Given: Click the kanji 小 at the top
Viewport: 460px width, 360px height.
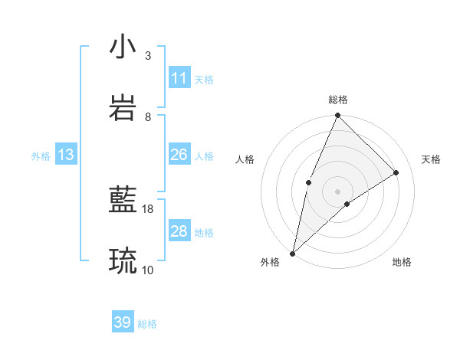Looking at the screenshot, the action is click(x=123, y=47).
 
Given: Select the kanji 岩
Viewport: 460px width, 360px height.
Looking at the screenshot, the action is click(x=123, y=108).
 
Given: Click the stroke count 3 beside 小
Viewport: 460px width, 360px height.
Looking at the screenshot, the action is click(x=148, y=56).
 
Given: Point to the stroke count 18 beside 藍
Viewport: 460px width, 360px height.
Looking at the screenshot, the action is click(x=148, y=208).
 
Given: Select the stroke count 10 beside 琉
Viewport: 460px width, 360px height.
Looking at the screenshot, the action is click(x=148, y=270).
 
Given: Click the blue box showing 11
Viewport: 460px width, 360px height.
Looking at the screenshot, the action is click(x=179, y=78).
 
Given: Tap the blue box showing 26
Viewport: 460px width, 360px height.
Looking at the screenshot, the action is click(x=179, y=155).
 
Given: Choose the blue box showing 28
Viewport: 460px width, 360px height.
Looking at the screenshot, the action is click(x=179, y=231).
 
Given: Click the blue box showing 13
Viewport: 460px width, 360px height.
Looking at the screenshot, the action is click(x=66, y=155).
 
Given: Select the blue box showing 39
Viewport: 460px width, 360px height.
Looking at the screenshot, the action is click(x=123, y=322).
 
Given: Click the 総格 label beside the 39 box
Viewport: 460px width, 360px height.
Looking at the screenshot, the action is click(x=147, y=324).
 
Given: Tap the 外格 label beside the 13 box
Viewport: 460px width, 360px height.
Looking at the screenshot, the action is click(x=41, y=156).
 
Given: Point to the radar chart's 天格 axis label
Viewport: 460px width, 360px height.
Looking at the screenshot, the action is click(x=431, y=159).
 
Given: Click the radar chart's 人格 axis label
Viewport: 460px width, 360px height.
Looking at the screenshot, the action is click(x=245, y=159).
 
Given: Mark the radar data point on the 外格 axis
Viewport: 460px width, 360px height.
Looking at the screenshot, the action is click(x=292, y=253).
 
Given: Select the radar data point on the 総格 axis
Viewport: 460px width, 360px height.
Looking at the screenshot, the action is click(x=337, y=116).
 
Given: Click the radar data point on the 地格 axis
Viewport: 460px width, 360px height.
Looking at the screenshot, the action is click(x=347, y=204).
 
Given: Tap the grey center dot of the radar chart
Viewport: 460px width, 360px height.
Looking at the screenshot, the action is click(x=337, y=191).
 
